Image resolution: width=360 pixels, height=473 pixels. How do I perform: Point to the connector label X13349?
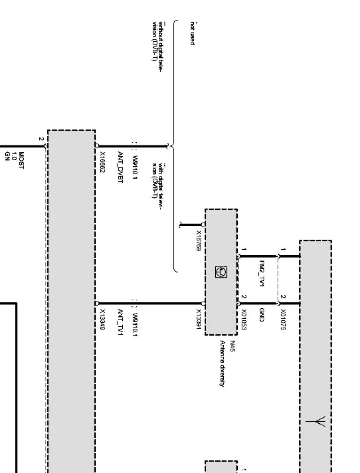point(102,319)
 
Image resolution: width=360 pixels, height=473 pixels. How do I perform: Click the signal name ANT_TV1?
point(120,321)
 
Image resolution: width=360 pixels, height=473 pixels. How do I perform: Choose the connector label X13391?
point(199,320)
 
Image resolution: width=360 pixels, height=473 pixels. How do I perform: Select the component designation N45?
point(232,346)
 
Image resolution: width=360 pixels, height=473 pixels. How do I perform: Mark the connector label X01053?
point(244,320)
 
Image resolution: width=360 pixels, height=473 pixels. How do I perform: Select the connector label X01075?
point(283,320)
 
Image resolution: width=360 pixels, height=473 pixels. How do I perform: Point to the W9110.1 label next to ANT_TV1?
point(135,322)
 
